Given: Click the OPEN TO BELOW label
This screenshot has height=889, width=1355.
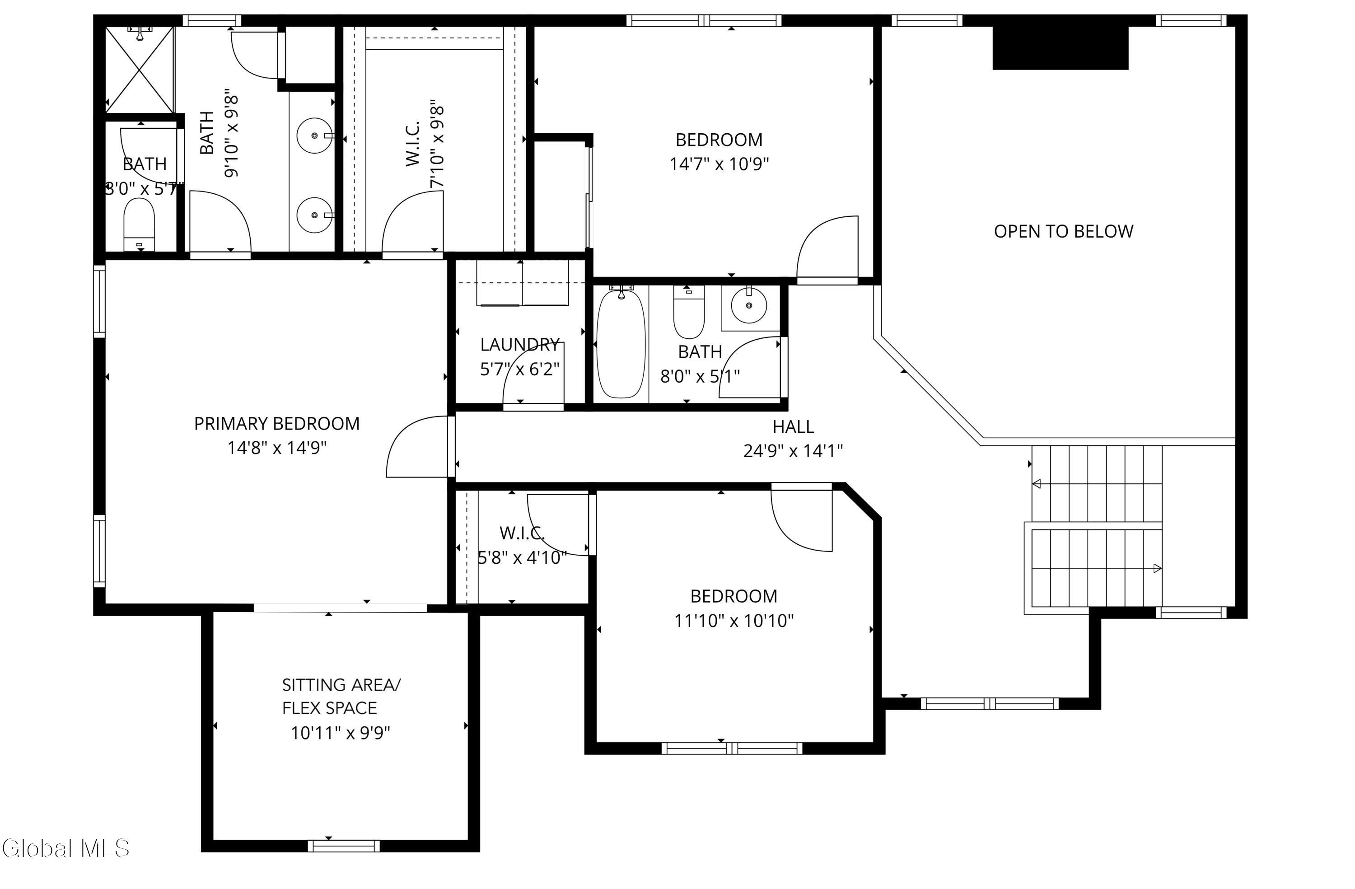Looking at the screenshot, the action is pyautogui.click(x=1064, y=231).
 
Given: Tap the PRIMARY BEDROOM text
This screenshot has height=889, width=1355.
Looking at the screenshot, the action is pyautogui.click(x=277, y=424).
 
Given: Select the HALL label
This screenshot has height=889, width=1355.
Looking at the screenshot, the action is pyautogui.click(x=793, y=426).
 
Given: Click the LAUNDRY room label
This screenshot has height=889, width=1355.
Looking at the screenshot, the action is pyautogui.click(x=520, y=345).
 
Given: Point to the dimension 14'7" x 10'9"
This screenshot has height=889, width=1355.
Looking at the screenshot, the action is pyautogui.click(x=719, y=164).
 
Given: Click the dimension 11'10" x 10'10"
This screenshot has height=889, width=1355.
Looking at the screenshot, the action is pyautogui.click(x=734, y=620).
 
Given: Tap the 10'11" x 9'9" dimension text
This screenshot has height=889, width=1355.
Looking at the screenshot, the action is pyautogui.click(x=341, y=732).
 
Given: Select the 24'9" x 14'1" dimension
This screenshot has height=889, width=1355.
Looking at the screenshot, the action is pyautogui.click(x=793, y=451).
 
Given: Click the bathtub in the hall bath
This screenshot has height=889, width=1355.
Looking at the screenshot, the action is pyautogui.click(x=621, y=343).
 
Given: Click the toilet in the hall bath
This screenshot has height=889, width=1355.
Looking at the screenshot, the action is pyautogui.click(x=689, y=312).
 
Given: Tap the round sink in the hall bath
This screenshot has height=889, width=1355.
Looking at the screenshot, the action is pyautogui.click(x=749, y=305).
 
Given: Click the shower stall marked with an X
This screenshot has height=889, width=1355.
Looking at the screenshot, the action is pyautogui.click(x=140, y=70).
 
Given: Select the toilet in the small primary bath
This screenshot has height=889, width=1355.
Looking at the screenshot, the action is pyautogui.click(x=140, y=224).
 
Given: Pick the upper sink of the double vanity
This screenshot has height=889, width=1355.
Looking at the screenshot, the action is pyautogui.click(x=314, y=136).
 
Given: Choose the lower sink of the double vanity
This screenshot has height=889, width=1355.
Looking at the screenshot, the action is pyautogui.click(x=314, y=215).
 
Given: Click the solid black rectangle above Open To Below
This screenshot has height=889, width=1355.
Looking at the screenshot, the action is pyautogui.click(x=1061, y=48).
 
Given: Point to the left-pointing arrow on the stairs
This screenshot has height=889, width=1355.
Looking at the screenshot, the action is pyautogui.click(x=1037, y=484).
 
